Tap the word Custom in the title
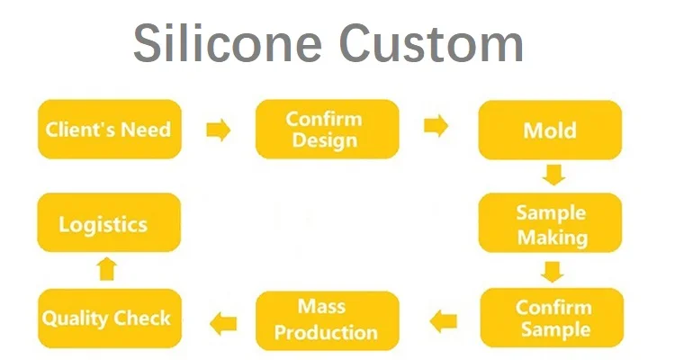click(425, 42)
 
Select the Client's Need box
click(109, 130)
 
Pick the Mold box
click(550, 130)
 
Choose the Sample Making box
click(550, 225)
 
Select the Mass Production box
click(326, 319)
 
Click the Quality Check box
click(108, 319)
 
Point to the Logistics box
click(109, 224)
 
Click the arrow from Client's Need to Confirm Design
click(219, 130)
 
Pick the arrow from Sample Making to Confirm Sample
click(552, 271)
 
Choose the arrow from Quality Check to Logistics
click(107, 269)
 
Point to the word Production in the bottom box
click(326, 332)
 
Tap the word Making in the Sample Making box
click(552, 238)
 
